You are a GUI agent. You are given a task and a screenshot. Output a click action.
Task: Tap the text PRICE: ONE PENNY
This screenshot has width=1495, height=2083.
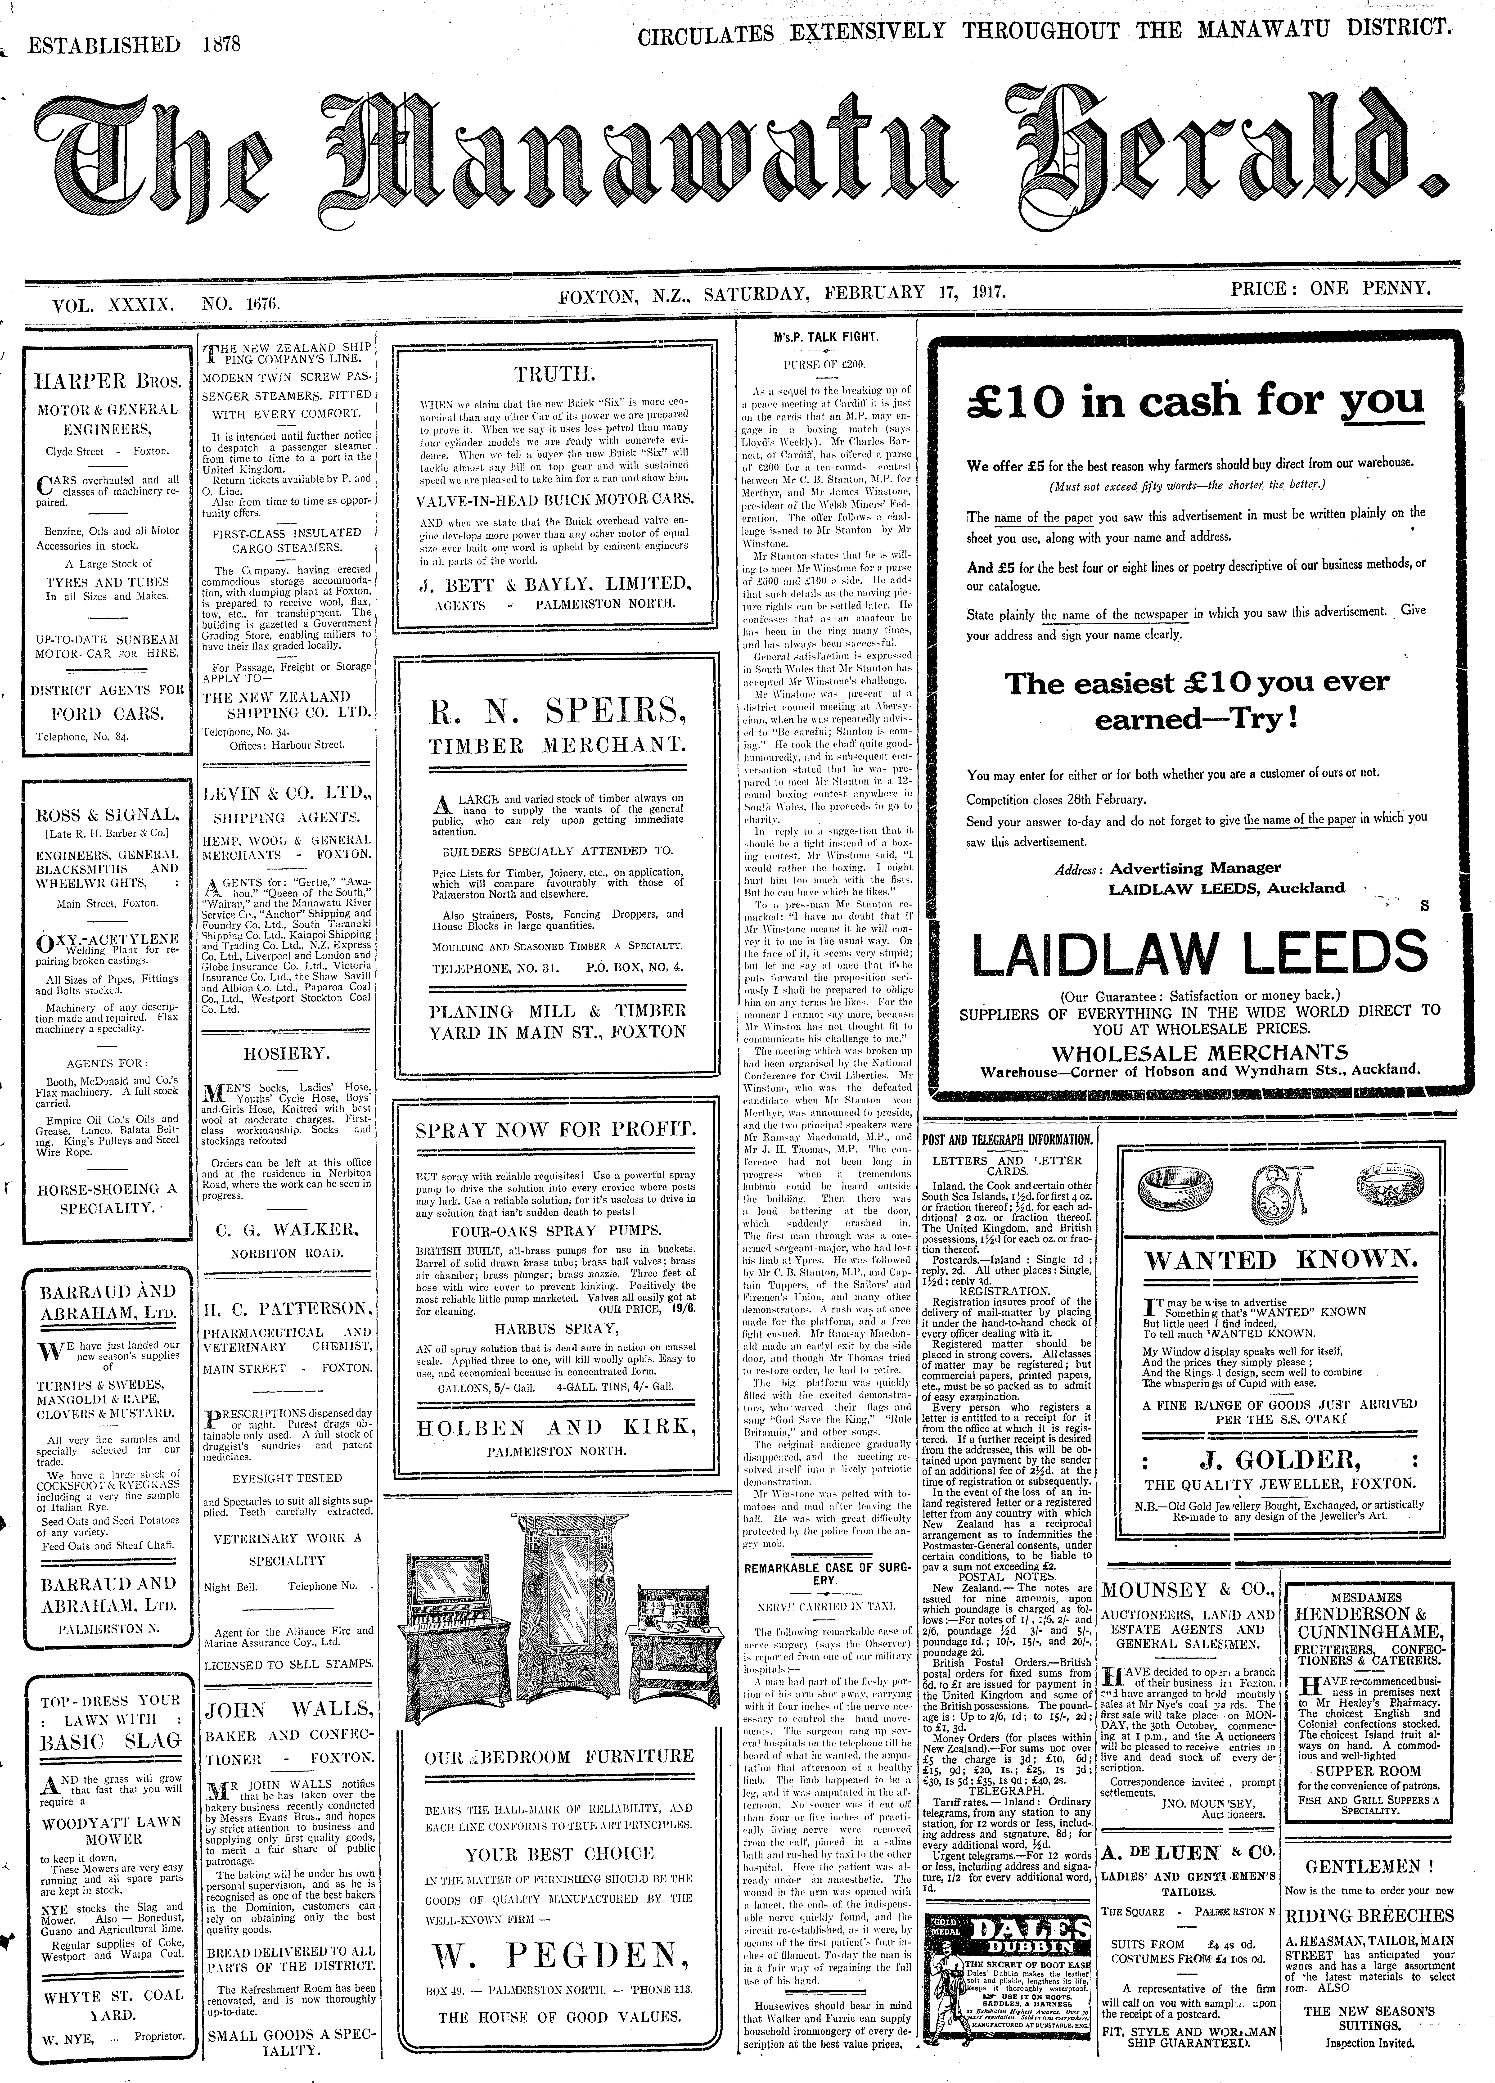(1332, 289)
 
